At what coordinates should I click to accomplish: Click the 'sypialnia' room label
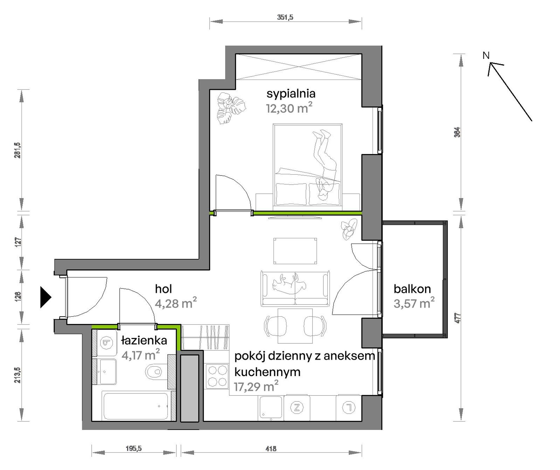[x=291, y=94]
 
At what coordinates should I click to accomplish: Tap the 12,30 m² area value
[x=289, y=108]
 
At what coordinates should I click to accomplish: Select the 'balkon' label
[x=412, y=289]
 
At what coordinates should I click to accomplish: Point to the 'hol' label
[x=164, y=289]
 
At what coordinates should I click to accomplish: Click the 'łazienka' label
[x=144, y=340]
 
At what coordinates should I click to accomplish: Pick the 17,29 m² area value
[x=256, y=386]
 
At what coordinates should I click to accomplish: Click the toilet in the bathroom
[x=154, y=372]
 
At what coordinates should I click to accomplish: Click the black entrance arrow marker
[x=46, y=297]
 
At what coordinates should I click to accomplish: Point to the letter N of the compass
[x=486, y=55]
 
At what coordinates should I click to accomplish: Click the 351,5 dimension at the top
[x=285, y=17]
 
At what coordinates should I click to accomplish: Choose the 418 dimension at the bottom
[x=271, y=449]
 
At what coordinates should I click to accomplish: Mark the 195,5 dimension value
[x=134, y=449]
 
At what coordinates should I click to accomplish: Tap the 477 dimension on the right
[x=457, y=318]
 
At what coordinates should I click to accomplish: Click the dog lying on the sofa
[x=289, y=284]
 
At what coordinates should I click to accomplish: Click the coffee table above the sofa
[x=295, y=251]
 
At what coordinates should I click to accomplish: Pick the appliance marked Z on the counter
[x=297, y=408]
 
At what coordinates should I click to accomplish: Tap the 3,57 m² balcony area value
[x=414, y=303]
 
